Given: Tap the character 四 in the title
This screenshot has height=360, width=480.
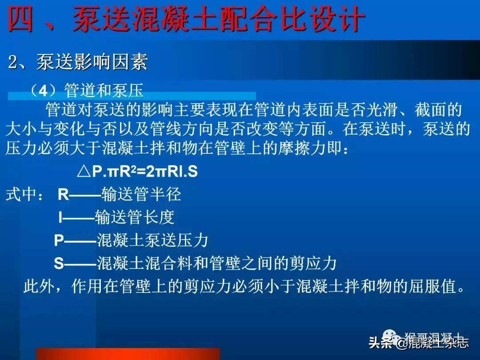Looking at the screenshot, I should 21,20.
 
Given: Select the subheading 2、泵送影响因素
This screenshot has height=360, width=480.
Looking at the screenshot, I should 78,63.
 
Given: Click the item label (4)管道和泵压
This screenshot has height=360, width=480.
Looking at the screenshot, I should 87,91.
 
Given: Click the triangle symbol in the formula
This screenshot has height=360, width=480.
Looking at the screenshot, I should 84,172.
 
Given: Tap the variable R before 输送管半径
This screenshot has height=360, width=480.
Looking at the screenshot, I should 64,194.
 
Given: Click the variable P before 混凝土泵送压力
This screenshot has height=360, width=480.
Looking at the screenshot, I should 59,240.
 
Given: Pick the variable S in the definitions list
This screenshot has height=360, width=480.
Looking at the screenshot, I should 59,264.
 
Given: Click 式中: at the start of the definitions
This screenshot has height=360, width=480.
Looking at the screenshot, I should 24,195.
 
